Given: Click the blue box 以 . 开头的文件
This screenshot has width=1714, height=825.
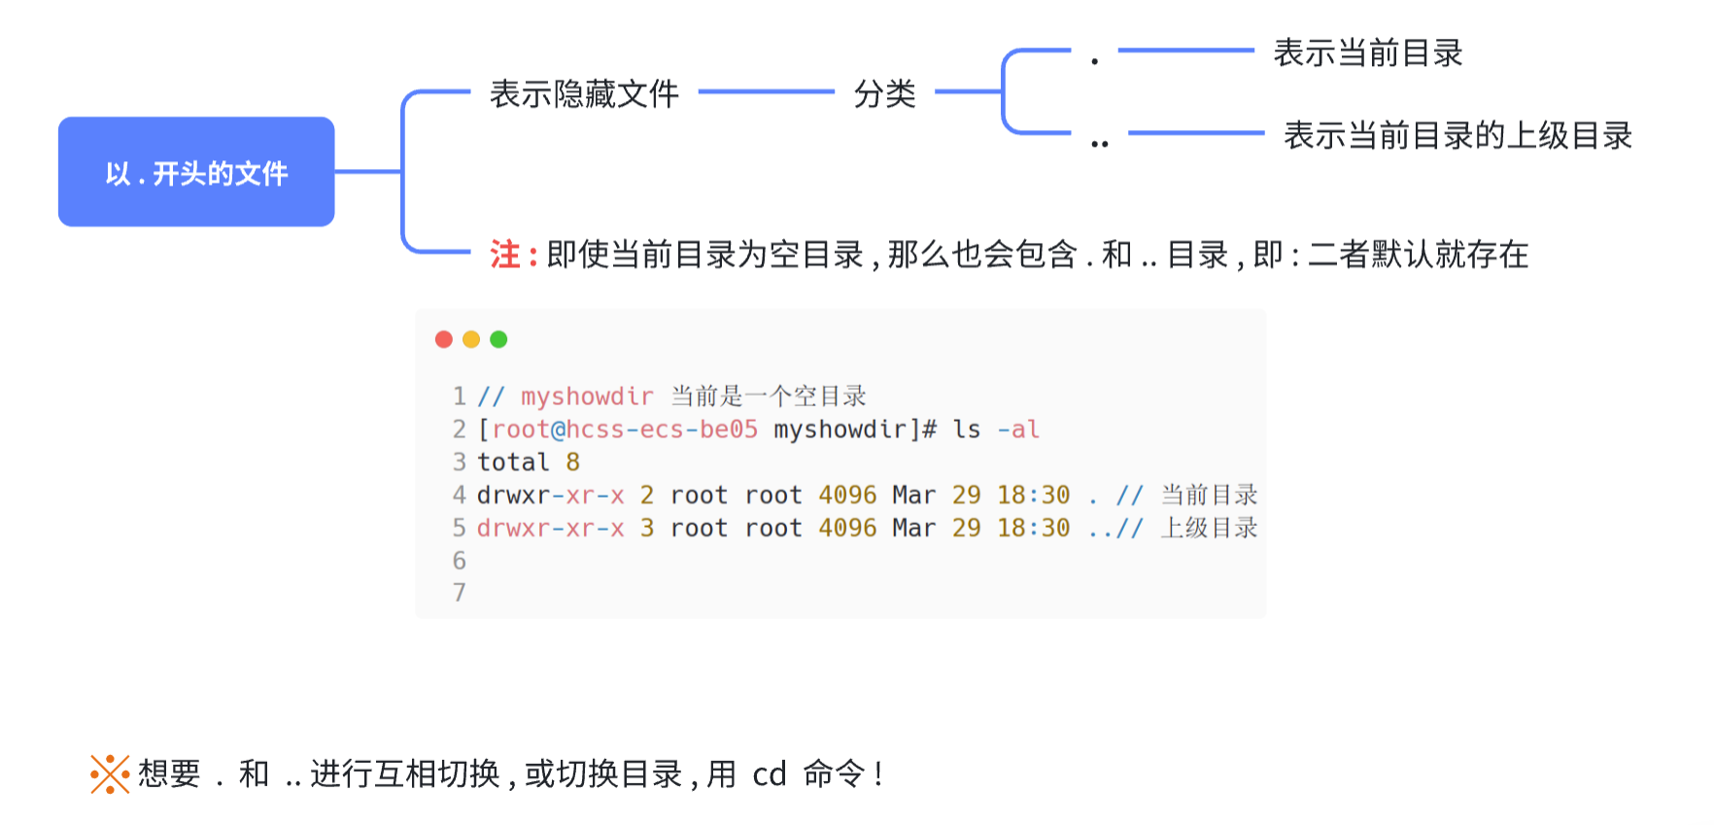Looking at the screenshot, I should (x=196, y=172).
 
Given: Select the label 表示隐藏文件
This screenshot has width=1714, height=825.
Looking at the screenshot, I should (x=584, y=94).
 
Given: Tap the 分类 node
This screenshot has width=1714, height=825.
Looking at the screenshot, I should (x=884, y=94).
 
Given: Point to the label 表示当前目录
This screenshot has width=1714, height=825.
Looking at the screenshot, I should (x=1367, y=53).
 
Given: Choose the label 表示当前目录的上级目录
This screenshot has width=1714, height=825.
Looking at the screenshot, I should (x=1457, y=136).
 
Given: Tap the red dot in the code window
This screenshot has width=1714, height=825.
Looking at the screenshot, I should (x=444, y=339).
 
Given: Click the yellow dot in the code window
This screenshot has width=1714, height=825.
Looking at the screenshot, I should (x=471, y=339).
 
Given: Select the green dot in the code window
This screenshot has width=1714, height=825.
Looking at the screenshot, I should (x=498, y=339).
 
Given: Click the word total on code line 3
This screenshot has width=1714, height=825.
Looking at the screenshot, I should (x=513, y=463).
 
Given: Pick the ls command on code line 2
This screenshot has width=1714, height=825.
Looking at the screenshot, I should (x=966, y=430).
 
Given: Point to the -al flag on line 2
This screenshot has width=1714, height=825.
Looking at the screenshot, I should (x=1018, y=430).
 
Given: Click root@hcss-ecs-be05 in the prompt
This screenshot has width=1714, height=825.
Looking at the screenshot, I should (x=624, y=430).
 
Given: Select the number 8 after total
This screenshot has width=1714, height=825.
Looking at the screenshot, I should (x=573, y=463).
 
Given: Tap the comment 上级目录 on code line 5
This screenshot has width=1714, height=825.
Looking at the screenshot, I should (x=1209, y=528).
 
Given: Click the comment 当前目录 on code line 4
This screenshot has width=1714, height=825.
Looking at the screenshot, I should (x=1209, y=495).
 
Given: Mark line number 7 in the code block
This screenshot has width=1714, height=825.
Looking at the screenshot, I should (x=460, y=593).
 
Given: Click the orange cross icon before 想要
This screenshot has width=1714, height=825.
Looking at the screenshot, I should (x=110, y=774).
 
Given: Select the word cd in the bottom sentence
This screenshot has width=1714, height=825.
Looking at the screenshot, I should (x=769, y=774).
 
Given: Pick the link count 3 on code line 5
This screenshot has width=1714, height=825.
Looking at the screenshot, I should (x=647, y=528).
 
